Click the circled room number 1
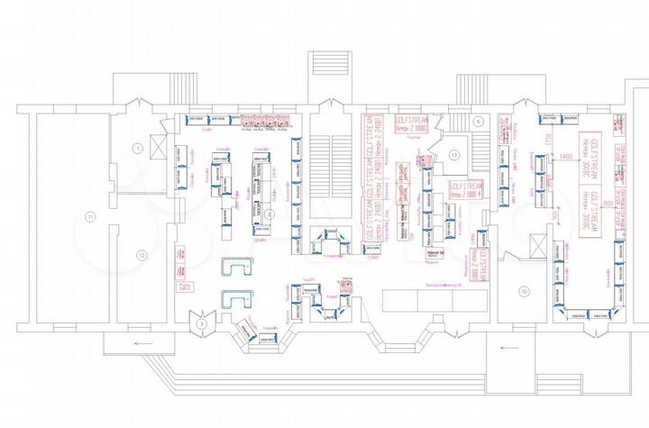[138, 146]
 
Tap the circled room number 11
[89, 215]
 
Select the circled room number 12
[141, 255]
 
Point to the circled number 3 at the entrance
[203, 322]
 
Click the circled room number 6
[479, 121]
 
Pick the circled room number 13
[454, 155]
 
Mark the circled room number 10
[523, 289]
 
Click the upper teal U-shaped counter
[239, 269]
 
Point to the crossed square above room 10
[536, 246]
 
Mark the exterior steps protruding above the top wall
[325, 69]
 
